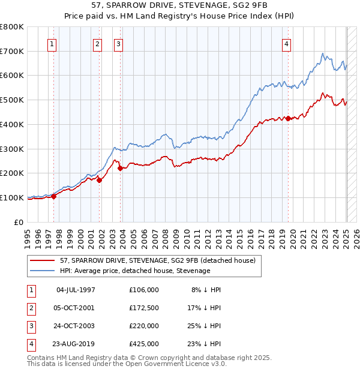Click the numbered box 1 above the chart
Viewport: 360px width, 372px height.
point(52,43)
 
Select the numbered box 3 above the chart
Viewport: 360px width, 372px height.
point(118,43)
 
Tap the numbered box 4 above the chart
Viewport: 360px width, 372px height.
point(287,43)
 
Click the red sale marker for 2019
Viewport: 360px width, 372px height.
point(288,118)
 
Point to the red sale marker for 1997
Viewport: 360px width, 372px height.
point(53,196)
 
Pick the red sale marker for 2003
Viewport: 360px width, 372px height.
point(120,168)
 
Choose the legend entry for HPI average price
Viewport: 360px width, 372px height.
point(135,271)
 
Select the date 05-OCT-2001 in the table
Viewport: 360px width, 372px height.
point(76,308)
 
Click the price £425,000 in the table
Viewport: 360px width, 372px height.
point(144,344)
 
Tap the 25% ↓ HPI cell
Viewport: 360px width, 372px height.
point(203,326)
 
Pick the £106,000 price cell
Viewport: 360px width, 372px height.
point(144,290)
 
